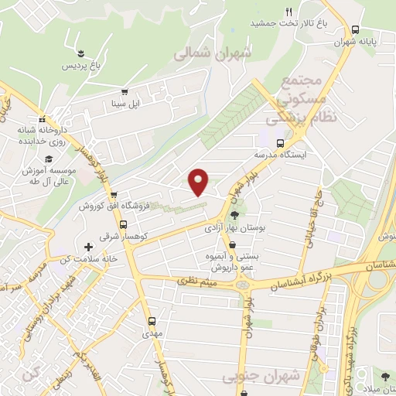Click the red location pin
coord(199,181)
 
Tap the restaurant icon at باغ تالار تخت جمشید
coord(288,12)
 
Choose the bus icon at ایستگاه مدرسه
coord(280,142)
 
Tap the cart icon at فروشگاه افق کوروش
coord(114,195)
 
